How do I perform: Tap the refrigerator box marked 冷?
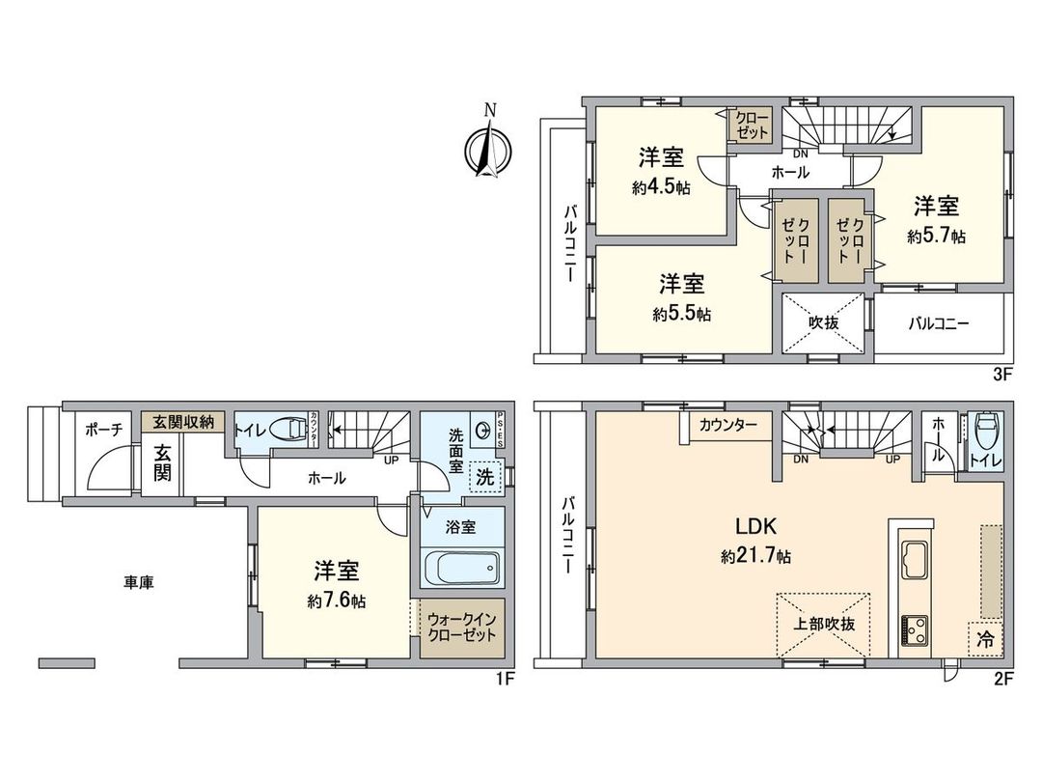click(x=984, y=639)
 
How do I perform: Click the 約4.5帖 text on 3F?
click(x=660, y=189)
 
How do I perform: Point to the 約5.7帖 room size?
click(x=936, y=236)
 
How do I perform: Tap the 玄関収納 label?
click(x=183, y=422)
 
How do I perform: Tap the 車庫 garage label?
click(x=139, y=582)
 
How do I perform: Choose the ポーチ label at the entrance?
click(x=102, y=431)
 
